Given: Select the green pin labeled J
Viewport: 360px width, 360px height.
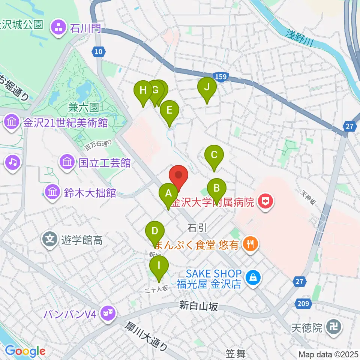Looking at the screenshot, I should click(x=207, y=87).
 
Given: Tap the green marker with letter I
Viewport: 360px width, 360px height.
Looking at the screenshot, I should click(x=159, y=266).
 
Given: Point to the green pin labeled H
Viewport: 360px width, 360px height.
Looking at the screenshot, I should click(x=143, y=91).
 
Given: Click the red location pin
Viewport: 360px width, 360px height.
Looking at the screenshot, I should click(x=179, y=176).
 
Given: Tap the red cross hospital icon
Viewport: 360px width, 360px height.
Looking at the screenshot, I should click(x=266, y=202).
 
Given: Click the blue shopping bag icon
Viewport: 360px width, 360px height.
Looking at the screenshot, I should click(x=253, y=278).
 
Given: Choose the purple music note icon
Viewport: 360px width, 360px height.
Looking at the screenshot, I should click(x=12, y=162).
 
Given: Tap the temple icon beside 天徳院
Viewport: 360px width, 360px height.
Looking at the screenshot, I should click(x=333, y=328).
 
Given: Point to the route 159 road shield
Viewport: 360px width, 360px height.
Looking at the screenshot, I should click(x=222, y=76).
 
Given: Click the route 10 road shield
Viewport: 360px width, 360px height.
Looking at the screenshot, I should click(x=97, y=52).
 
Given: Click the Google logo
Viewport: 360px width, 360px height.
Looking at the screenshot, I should click(x=25, y=351).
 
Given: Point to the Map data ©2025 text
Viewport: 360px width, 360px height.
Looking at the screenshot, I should click(x=328, y=354).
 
